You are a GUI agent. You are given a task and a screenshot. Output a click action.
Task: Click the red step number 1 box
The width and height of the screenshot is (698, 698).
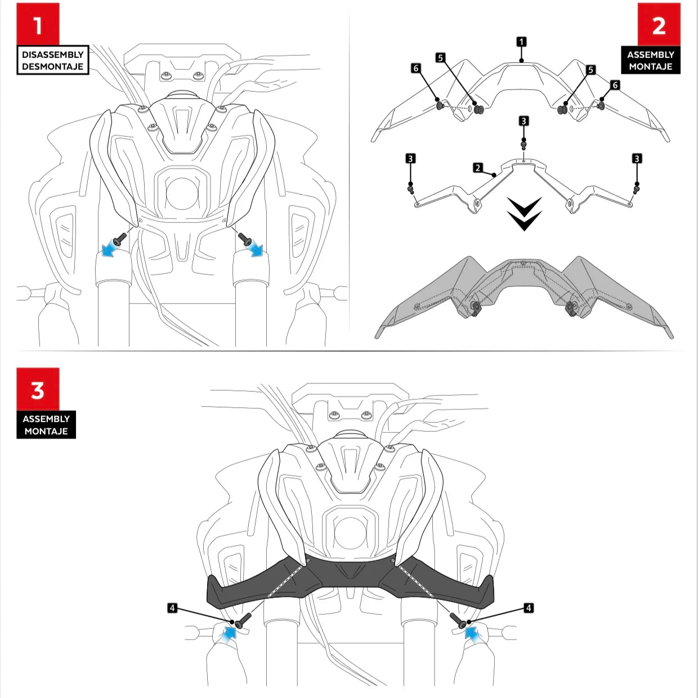pos(38,24)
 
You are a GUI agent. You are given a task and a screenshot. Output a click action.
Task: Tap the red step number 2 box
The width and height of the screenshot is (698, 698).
pos(659,25)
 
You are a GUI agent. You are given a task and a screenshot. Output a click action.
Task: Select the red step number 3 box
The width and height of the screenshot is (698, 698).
pos(38,390)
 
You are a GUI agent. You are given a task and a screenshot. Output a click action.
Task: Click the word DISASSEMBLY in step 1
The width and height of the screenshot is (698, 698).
pos(53,55)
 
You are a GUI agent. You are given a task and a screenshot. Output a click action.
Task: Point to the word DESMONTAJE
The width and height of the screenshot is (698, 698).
pos(53,66)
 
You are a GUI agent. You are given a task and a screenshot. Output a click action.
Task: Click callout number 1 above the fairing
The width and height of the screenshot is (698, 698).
pos(521,42)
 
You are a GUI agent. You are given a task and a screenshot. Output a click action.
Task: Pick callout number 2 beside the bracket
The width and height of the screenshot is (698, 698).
pos(478,168)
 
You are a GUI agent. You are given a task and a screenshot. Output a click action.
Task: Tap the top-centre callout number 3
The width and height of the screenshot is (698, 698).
pos(523,121)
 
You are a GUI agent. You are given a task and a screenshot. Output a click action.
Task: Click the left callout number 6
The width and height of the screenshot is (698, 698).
pos(416,68)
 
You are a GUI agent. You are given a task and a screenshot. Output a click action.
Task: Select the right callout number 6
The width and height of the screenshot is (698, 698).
pos(615,85)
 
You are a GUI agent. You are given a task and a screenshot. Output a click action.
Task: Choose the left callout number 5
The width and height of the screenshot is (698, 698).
pos(440,58)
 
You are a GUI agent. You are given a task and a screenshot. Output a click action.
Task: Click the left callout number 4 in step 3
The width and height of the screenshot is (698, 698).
pos(172,608)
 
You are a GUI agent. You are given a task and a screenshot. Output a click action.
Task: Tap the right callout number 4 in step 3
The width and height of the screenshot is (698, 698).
pos(529,608)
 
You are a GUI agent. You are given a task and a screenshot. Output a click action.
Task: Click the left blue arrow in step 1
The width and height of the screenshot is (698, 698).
pos(110,249)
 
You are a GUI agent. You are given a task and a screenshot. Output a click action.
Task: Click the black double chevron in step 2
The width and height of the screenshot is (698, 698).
pos(524,214)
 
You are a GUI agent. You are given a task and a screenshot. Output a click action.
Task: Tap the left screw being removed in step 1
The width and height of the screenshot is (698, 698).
pos(120,239)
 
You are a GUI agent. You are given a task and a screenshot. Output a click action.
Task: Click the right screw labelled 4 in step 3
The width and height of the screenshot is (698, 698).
pos(459,620)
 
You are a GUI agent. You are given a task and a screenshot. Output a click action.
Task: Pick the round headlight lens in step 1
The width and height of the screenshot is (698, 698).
pos(182,194)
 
